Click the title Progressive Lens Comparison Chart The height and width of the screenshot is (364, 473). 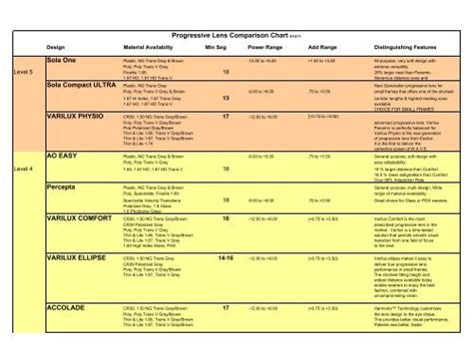[x=232, y=36]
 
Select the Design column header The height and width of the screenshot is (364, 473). [x=56, y=47]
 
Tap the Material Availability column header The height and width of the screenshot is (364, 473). [x=148, y=47]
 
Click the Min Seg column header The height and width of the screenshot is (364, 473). [x=216, y=47]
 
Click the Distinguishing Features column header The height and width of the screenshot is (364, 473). [x=408, y=47]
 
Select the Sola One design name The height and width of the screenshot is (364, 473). [x=62, y=60]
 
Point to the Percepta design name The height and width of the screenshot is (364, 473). [x=63, y=186]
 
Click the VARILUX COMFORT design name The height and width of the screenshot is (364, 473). [x=79, y=216]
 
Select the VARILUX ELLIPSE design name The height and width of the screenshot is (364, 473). [x=77, y=257]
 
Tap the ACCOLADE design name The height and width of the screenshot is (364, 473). [x=66, y=308]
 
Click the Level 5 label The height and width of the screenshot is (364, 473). [x=23, y=73]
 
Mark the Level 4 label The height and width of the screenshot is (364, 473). [x=23, y=170]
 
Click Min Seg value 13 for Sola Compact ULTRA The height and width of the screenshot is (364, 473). [x=227, y=98]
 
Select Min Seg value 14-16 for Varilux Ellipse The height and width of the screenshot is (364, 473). [x=227, y=257]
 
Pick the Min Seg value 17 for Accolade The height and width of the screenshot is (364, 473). [x=227, y=308]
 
